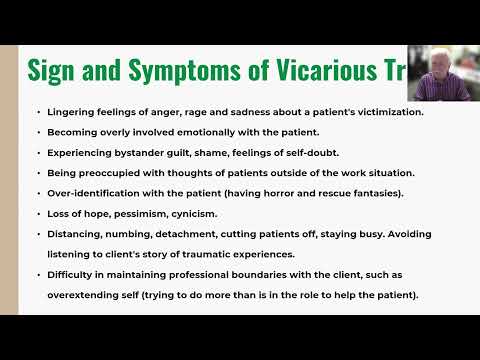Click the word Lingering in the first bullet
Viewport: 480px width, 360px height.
tap(75, 111)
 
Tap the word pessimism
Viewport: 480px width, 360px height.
tap(149, 214)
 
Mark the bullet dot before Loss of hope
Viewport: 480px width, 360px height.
tap(37, 214)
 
